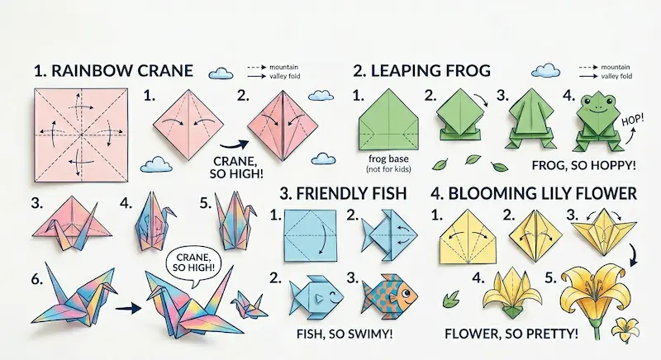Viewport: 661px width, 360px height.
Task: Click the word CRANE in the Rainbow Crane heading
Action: pos(156,71)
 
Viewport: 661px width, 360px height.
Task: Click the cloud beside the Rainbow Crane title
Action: pos(221,73)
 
